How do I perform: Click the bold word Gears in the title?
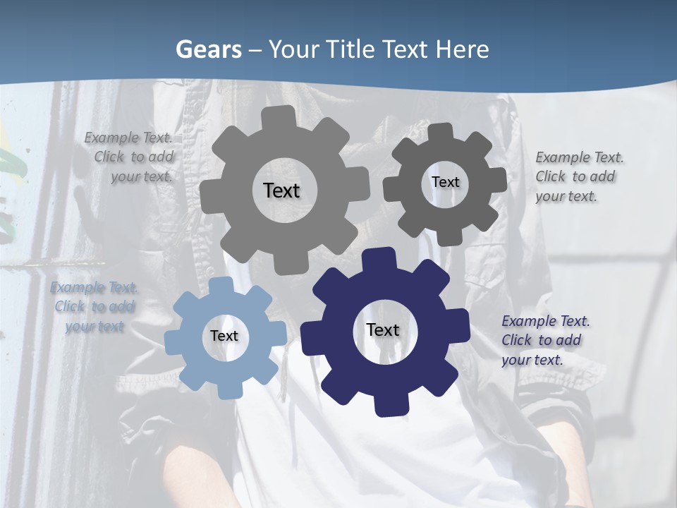pyautogui.click(x=208, y=49)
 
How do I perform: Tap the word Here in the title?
pyautogui.click(x=463, y=49)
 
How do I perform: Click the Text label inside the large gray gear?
pyautogui.click(x=281, y=190)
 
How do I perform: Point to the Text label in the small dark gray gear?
pyautogui.click(x=445, y=182)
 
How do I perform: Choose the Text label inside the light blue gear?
pyautogui.click(x=224, y=337)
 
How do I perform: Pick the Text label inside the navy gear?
pyautogui.click(x=383, y=330)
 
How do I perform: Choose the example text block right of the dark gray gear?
pyautogui.click(x=578, y=177)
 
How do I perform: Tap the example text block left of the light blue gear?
pyautogui.click(x=94, y=307)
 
